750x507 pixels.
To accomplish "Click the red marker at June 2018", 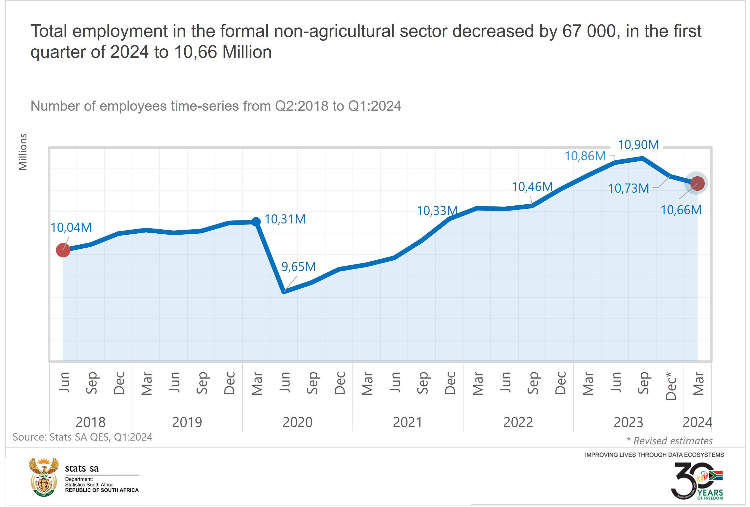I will pos(63,250).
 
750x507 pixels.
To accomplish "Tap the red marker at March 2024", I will pos(697,183).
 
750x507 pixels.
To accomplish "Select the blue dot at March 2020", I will pos(256,222).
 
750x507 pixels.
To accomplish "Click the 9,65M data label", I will pos(298,267).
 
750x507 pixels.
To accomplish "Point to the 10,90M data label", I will pos(638,145).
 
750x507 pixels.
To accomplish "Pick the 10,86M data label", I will pos(585,156).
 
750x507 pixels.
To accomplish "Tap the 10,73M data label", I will pos(628,188).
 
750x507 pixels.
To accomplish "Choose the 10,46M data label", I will pos(532,187).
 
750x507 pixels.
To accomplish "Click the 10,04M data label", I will pos(71,228).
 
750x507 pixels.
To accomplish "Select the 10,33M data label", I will pos(437,211).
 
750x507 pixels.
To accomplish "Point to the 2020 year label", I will pos(297,422).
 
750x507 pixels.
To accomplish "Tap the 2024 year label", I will pos(697,422).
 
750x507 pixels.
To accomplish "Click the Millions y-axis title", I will pos(23,152).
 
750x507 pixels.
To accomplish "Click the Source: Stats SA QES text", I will pos(82,437).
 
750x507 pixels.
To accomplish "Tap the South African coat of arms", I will pos(44,477).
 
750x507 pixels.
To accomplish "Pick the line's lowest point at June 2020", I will pos(284,292).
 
